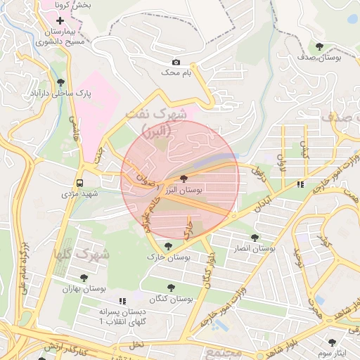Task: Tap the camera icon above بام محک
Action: (176, 62)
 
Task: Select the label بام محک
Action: (176, 72)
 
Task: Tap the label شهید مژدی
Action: (79, 192)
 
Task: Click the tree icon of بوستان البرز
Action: (184, 179)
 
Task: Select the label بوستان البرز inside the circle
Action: (184, 190)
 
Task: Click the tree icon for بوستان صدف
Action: (320, 46)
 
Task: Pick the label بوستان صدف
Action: (320, 57)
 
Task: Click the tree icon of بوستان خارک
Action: (167, 246)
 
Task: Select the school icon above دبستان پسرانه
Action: (122, 300)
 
